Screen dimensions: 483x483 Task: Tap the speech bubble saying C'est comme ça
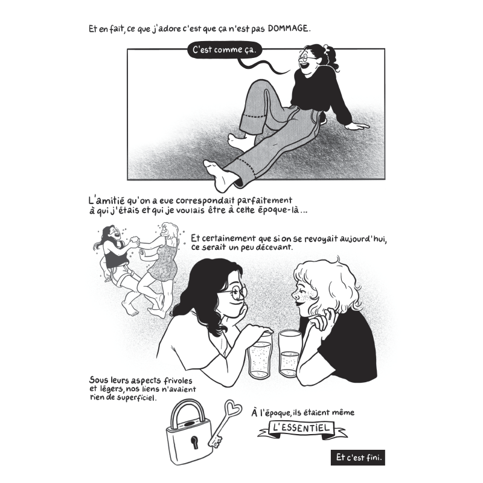tap(224, 50)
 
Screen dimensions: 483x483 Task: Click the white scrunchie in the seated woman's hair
tap(325, 48)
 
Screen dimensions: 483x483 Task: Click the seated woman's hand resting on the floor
tap(357, 126)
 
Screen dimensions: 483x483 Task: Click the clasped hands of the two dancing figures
tap(135, 240)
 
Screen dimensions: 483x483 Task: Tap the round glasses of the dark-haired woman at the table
tap(236, 292)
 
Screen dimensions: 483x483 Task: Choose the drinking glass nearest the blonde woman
tap(290, 354)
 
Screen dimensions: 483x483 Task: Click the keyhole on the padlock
tap(195, 443)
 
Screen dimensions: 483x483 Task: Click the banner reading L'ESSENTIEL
tap(301, 428)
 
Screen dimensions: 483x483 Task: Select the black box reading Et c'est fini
tap(358, 458)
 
